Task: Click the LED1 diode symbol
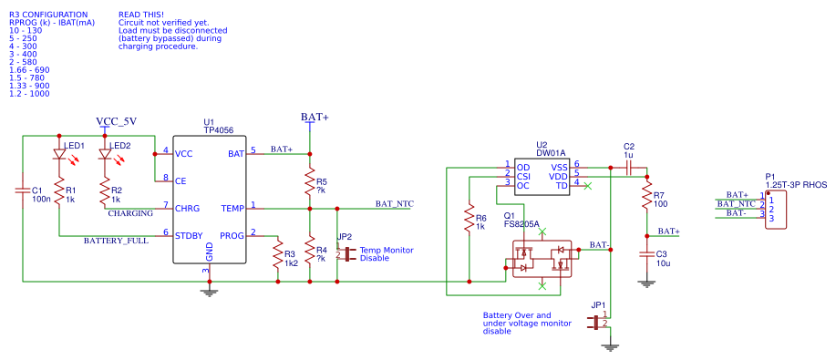click(59, 154)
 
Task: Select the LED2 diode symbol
click(105, 154)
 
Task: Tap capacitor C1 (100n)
click(23, 190)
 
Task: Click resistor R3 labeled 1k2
click(277, 255)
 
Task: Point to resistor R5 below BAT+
click(310, 181)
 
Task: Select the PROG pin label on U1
click(231, 235)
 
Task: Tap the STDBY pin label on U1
click(189, 235)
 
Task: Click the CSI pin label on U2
click(523, 176)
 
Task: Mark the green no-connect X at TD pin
click(587, 186)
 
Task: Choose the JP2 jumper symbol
click(347, 254)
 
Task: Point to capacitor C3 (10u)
click(646, 254)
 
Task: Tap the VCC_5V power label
click(116, 121)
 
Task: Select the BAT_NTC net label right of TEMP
click(395, 203)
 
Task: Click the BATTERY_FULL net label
click(116, 242)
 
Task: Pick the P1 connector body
click(776, 211)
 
